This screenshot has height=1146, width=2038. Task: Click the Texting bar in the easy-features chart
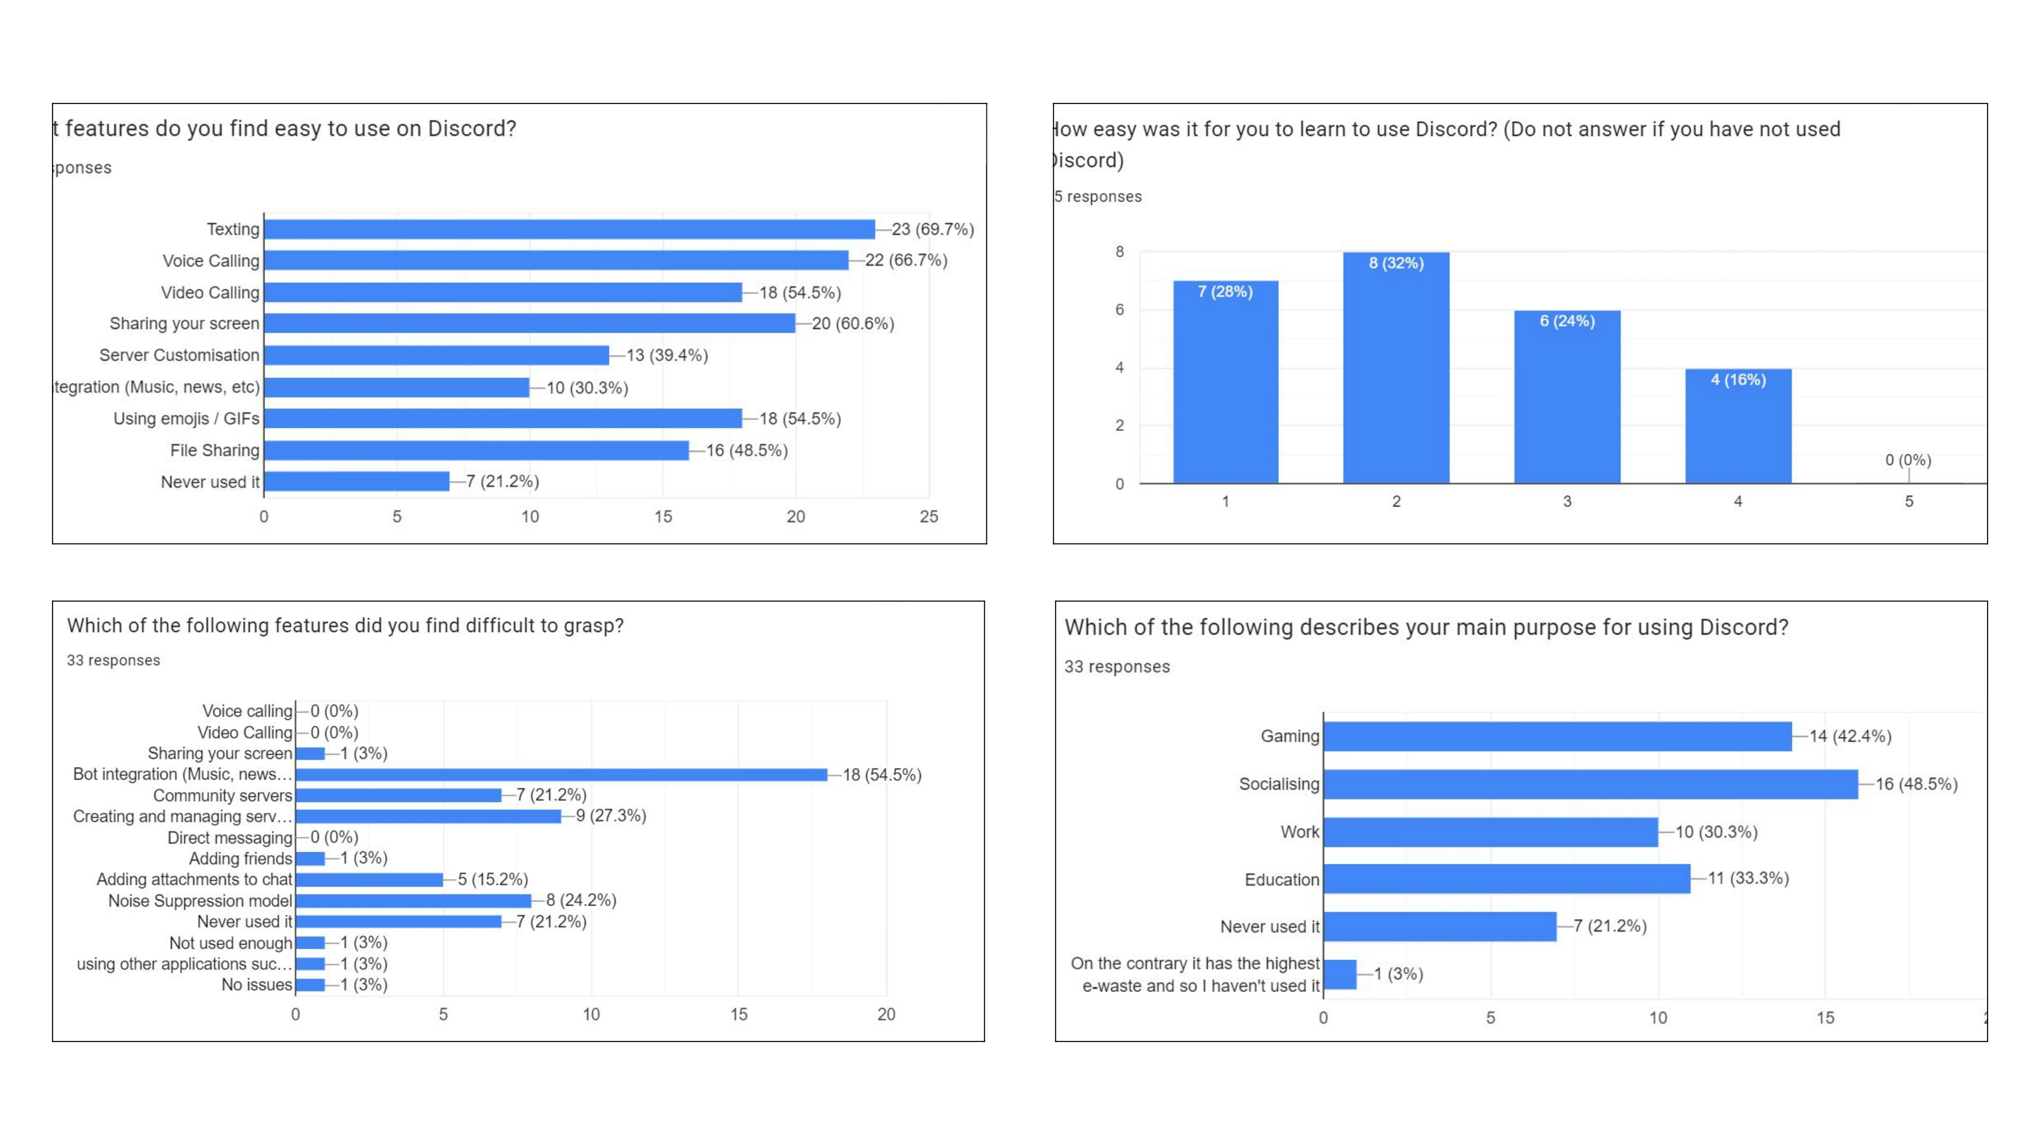point(570,229)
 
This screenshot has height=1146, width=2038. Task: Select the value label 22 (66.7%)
point(906,260)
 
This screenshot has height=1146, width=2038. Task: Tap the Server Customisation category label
point(179,355)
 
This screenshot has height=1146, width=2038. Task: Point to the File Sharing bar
point(476,450)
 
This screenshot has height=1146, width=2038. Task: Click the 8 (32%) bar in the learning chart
point(1397,368)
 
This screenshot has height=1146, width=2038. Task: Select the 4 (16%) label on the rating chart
point(1738,379)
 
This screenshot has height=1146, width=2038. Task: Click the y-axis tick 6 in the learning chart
point(1119,310)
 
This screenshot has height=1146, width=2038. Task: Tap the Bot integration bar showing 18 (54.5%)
point(561,774)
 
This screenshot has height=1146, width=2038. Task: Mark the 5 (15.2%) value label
point(493,880)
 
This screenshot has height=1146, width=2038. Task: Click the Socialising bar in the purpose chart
point(1590,784)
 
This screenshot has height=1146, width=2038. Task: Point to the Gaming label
point(1290,736)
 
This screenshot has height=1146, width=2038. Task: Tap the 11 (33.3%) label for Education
point(1749,878)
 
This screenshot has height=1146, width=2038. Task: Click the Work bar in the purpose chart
point(1490,832)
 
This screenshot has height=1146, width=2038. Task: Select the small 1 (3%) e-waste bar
point(1339,974)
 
